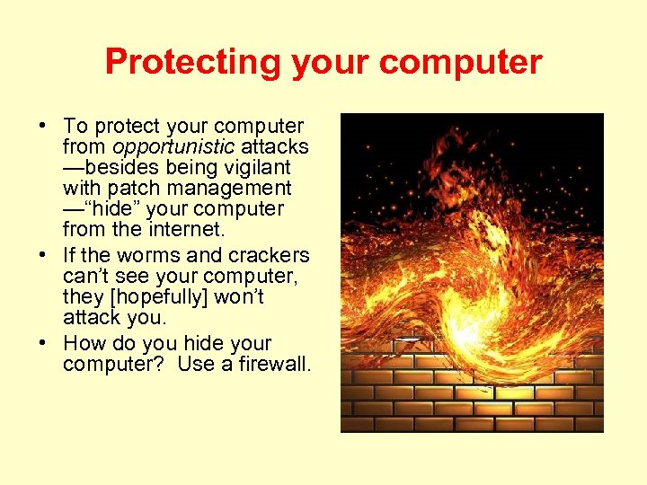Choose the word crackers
[267, 255]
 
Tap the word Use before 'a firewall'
[194, 364]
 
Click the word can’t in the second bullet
[84, 276]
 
